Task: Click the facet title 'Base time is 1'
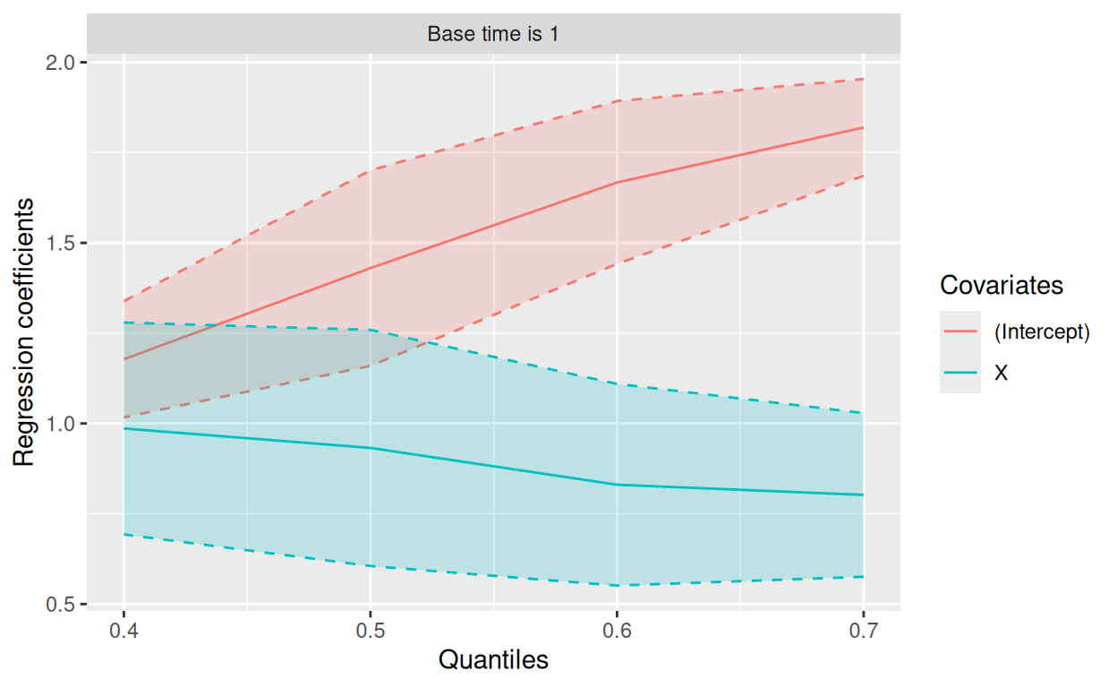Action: [x=493, y=35]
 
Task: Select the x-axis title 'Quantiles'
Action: [x=493, y=660]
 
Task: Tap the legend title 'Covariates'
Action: [x=1002, y=285]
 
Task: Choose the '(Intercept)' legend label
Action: [x=1042, y=331]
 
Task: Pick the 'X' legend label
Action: [x=1001, y=373]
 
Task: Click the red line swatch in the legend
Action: [x=959, y=331]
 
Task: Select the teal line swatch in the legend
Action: [x=959, y=373]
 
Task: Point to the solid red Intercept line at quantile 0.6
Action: [x=617, y=183]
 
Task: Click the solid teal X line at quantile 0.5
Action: [x=370, y=448]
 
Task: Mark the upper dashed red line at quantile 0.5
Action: [x=370, y=169]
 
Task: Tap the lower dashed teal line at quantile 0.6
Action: [x=617, y=586]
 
